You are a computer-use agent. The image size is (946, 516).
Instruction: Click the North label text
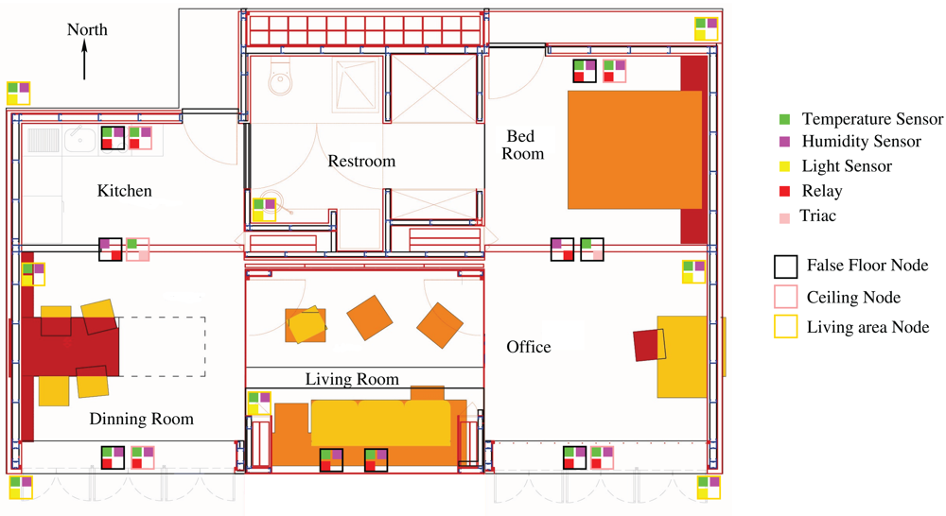pos(87,29)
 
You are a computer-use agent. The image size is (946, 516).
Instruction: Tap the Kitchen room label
pos(124,191)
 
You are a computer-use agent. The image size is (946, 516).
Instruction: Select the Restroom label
pos(361,161)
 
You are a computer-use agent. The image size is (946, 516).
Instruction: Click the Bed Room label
pos(522,145)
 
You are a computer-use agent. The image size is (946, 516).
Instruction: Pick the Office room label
pos(529,347)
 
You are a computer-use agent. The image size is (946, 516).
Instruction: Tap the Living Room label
pos(352,379)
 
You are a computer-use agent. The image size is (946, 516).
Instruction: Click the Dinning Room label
pos(142,419)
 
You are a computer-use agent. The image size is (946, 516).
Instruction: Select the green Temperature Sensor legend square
pos(784,119)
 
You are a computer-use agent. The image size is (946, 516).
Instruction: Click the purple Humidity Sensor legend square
pos(784,142)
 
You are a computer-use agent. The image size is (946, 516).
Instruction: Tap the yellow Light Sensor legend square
pos(784,166)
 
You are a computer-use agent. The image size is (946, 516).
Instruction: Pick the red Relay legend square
pos(784,191)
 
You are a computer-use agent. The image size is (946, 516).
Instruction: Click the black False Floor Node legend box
pos(785,267)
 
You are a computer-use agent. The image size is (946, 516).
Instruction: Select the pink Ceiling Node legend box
pos(785,297)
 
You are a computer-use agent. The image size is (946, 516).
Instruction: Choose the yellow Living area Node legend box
pos(785,327)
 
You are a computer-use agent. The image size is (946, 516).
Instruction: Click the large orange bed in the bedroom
pos(635,149)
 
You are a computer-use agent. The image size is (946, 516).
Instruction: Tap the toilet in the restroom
pos(280,77)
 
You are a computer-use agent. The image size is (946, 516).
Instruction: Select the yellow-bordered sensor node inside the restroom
pos(264,210)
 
